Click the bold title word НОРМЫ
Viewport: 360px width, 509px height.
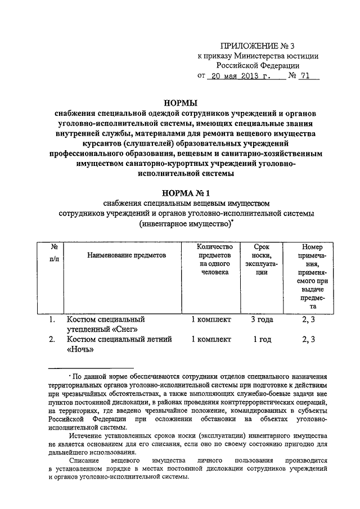[179, 103]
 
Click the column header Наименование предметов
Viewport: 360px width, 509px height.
[127, 255]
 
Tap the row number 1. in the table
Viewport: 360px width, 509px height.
[52, 319]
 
